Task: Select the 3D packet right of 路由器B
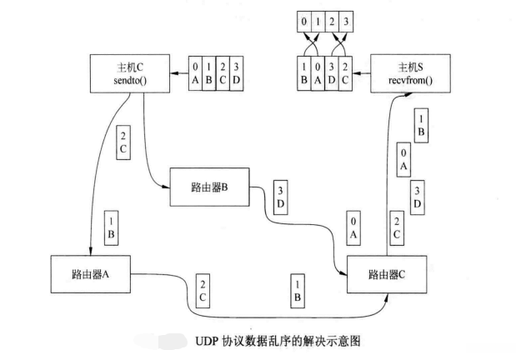click(281, 197)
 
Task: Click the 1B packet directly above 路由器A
click(111, 227)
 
